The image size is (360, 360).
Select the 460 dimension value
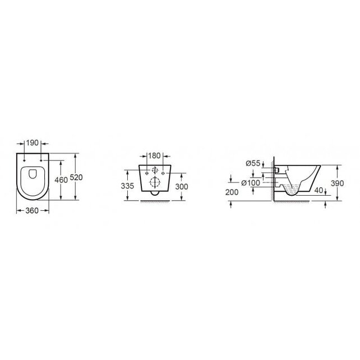coord(61,179)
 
